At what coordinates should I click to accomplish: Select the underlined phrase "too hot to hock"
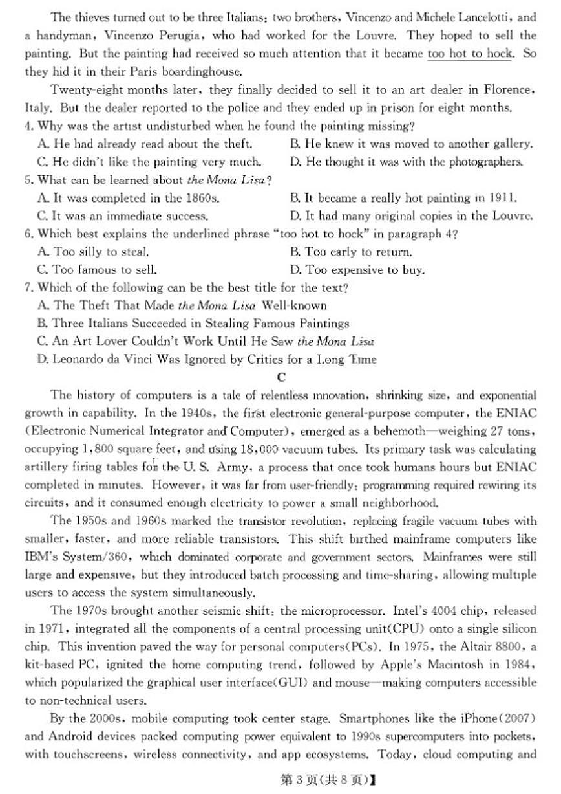point(470,54)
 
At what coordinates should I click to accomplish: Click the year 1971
point(50,628)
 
